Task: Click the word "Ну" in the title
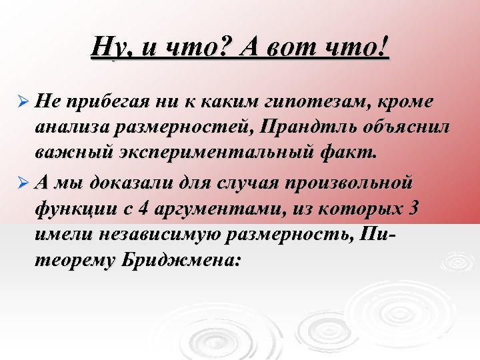point(107,48)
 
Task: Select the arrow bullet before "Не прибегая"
point(22,102)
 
